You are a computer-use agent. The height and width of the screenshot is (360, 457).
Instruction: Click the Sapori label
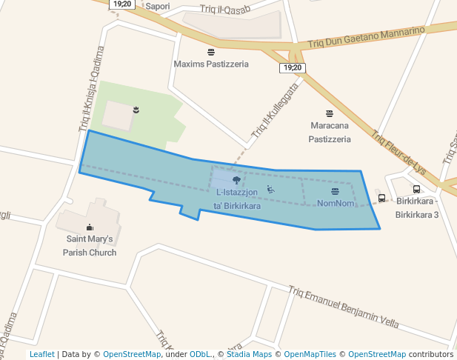click(158, 7)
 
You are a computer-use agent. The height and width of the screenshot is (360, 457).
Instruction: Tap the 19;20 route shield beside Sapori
click(121, 4)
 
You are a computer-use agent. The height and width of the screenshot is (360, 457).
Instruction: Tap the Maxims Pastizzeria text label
click(211, 64)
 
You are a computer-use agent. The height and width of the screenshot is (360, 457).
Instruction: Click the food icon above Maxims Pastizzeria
click(211, 52)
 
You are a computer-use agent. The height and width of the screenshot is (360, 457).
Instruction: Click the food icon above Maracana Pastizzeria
click(330, 113)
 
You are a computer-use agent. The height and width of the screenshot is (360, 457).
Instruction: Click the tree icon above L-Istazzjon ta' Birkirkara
click(236, 180)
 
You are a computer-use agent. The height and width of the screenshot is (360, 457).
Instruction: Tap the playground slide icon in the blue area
click(271, 190)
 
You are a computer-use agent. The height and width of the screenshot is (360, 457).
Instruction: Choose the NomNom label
click(336, 203)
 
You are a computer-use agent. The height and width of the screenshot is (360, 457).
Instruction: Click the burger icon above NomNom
click(336, 192)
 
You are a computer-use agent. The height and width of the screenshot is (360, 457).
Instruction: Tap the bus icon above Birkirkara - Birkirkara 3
click(416, 190)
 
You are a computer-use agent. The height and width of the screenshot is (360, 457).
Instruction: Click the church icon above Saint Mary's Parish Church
click(90, 227)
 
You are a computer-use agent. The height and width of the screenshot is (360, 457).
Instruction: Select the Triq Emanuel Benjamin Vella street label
click(344, 307)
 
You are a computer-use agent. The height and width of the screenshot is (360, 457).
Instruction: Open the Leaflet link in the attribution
click(41, 354)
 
